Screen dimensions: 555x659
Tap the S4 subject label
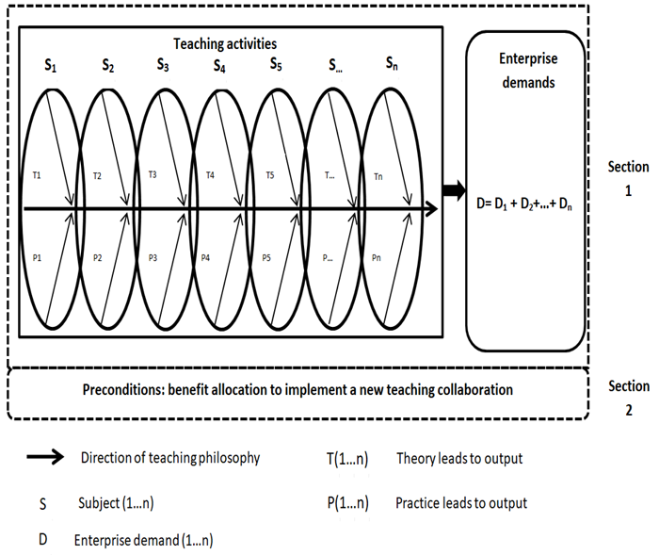coord(219,68)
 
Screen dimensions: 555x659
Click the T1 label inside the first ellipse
coord(36,175)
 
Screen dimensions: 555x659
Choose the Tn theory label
coord(378,175)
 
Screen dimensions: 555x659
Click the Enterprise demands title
coord(527,71)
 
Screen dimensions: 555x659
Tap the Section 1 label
coord(629,177)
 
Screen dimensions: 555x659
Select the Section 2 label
coord(629,397)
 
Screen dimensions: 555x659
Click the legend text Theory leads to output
coord(459,459)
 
